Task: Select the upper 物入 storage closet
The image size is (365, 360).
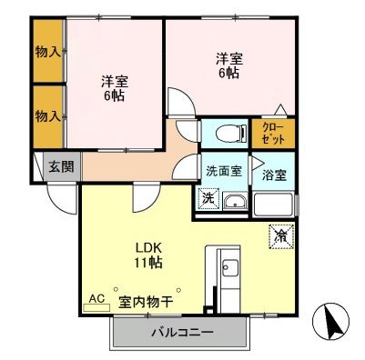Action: click(x=47, y=52)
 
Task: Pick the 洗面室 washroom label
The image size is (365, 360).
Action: click(x=221, y=170)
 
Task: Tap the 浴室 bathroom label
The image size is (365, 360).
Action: click(x=273, y=174)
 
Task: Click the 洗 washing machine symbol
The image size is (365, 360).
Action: click(x=208, y=199)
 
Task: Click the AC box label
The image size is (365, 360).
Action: click(x=96, y=298)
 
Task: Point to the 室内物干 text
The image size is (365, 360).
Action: click(x=145, y=299)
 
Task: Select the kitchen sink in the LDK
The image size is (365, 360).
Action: click(x=228, y=269)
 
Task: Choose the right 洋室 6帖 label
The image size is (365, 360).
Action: click(x=228, y=65)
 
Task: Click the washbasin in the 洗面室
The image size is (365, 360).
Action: click(x=236, y=203)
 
